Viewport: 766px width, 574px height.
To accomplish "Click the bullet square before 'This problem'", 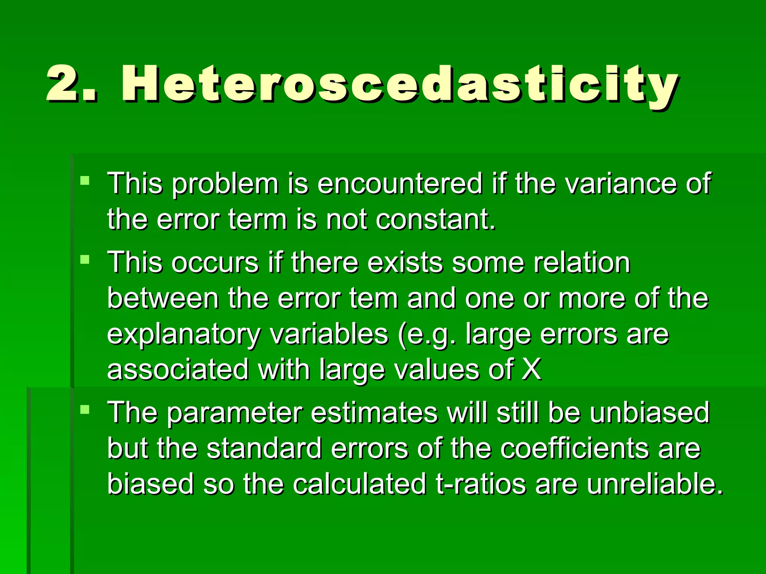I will [x=85, y=181].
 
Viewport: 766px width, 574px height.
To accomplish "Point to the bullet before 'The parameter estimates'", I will [x=85, y=410].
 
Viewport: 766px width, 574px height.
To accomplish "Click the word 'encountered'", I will [x=399, y=183].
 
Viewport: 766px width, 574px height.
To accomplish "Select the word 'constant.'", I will [x=436, y=219].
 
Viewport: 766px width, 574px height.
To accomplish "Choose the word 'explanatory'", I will [x=183, y=334].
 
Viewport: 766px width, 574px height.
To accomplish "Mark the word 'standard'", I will [x=264, y=448].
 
